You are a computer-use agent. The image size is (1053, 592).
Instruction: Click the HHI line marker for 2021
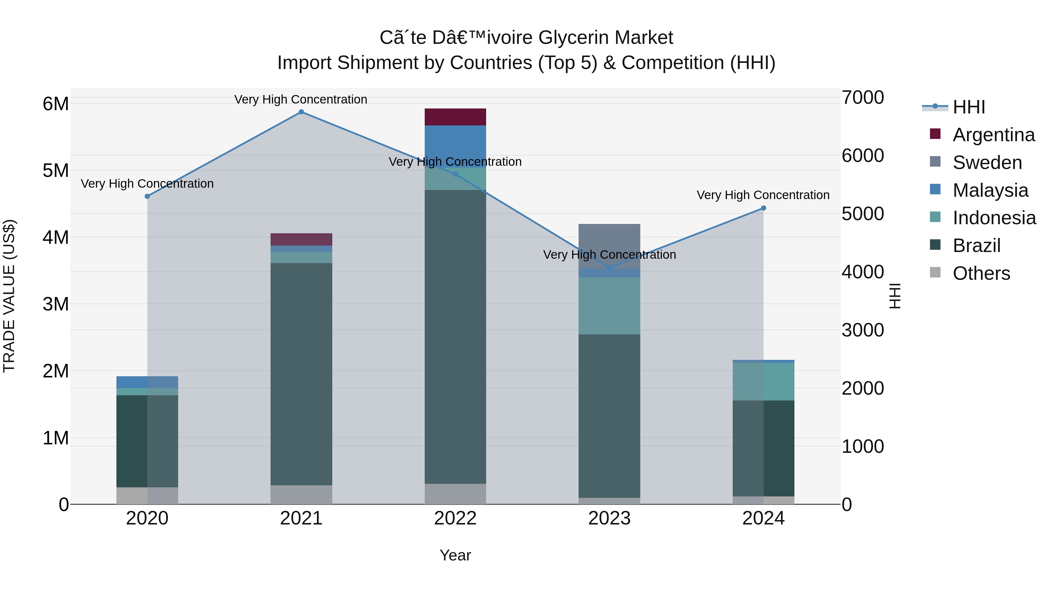click(x=301, y=112)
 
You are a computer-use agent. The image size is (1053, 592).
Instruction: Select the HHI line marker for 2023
click(x=610, y=268)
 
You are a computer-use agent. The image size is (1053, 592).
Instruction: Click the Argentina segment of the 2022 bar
click(x=455, y=117)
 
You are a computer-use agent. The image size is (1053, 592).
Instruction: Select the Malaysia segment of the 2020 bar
click(x=147, y=382)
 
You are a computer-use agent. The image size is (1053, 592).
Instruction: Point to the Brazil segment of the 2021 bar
click(x=301, y=374)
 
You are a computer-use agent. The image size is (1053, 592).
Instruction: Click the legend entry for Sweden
click(x=987, y=163)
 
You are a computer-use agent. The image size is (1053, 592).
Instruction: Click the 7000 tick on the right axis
click(x=863, y=98)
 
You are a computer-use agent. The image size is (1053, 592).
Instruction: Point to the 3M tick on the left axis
click(x=56, y=304)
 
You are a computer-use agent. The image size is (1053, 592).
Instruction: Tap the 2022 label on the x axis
click(x=455, y=518)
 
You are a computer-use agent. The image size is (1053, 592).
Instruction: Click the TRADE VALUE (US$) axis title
click(x=9, y=296)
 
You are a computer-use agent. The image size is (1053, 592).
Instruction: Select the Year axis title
click(x=455, y=555)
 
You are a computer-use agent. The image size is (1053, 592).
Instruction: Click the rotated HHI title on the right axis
click(x=895, y=296)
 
